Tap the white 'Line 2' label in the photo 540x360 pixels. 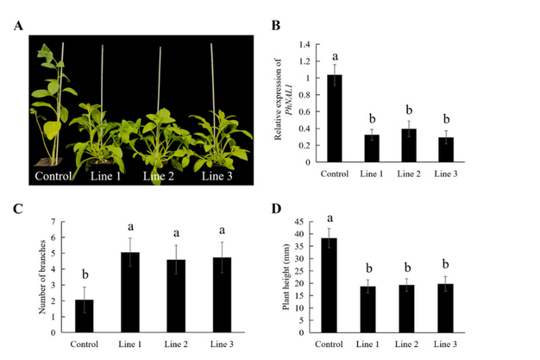tap(161, 176)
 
